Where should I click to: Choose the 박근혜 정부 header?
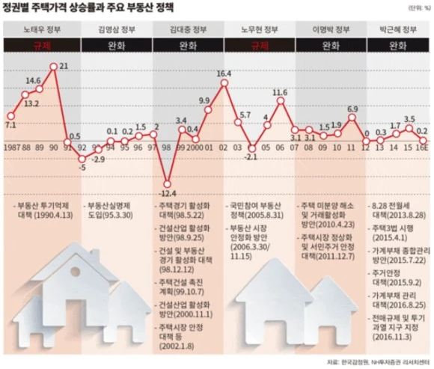pyautogui.click(x=397, y=30)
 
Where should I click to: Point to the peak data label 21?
pyautogui.click(x=64, y=67)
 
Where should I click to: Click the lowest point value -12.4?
pyautogui.click(x=166, y=174)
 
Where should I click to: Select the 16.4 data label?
pyautogui.click(x=224, y=73)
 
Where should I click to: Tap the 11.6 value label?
pyautogui.click(x=280, y=93)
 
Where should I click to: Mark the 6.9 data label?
pyautogui.click(x=352, y=109)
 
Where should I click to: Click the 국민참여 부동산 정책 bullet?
pyautogui.click(x=257, y=209)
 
